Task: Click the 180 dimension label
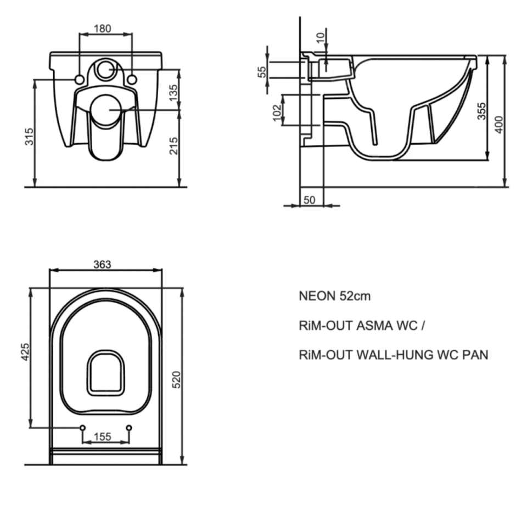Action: (x=105, y=28)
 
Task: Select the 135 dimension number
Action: (x=173, y=91)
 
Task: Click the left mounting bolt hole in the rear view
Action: (x=79, y=80)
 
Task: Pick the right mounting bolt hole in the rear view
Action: (x=132, y=80)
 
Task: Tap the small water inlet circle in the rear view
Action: (x=105, y=69)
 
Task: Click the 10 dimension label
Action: (x=321, y=38)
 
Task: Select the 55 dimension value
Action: (x=262, y=72)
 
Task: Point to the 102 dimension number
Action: (x=277, y=111)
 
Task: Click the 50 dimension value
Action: (x=309, y=200)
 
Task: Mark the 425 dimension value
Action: (x=25, y=352)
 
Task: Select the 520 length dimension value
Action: (x=176, y=379)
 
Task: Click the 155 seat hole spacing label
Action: (x=103, y=436)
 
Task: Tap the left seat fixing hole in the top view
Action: (x=82, y=428)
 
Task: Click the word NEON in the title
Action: (x=317, y=296)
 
